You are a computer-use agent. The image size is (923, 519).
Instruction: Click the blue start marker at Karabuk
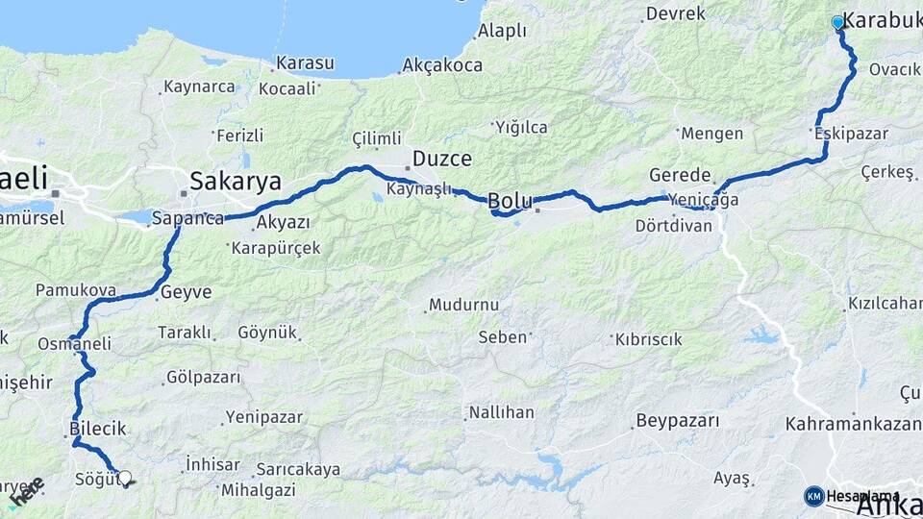click(837, 22)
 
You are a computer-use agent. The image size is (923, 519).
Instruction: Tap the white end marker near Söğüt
click(124, 477)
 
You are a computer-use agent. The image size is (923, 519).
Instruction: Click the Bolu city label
click(510, 201)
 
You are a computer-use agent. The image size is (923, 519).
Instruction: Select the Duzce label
click(442, 159)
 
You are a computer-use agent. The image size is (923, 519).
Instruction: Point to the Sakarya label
click(236, 181)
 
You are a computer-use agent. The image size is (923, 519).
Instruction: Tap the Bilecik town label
click(98, 428)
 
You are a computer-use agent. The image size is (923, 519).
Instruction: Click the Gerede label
click(680, 176)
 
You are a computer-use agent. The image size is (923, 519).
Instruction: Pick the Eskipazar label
click(851, 134)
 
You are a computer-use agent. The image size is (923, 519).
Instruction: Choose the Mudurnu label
click(463, 305)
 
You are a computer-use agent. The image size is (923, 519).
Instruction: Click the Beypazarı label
click(677, 421)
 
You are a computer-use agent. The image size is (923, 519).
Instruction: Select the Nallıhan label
click(501, 412)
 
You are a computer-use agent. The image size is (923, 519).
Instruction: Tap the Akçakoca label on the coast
click(442, 65)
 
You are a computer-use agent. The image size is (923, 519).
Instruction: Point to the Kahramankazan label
click(853, 423)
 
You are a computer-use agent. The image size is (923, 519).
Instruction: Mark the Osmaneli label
click(75, 343)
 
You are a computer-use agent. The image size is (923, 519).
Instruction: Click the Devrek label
click(676, 13)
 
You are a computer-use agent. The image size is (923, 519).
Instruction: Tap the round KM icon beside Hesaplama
click(814, 496)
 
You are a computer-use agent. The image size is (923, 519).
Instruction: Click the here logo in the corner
click(26, 491)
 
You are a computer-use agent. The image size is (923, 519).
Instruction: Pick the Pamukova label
click(76, 289)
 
